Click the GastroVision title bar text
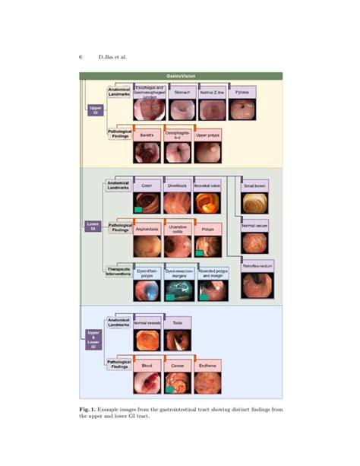click(182, 76)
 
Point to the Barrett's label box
click(147, 136)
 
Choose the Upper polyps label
click(209, 136)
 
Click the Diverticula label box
click(178, 185)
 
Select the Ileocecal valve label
click(208, 185)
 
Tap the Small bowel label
click(254, 185)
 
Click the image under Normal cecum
click(254, 243)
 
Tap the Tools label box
click(177, 323)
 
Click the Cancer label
click(177, 366)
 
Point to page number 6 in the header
click(81, 56)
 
